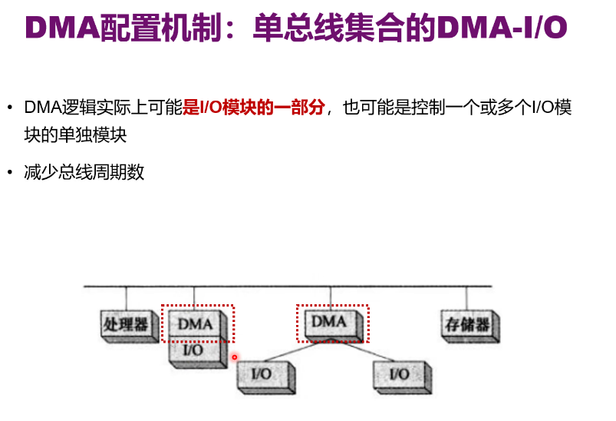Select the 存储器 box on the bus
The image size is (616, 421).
[466, 324]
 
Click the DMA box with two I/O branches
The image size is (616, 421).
[331, 322]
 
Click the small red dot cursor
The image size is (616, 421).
[235, 356]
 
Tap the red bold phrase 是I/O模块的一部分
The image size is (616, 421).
[254, 108]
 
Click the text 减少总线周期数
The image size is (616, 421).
[84, 172]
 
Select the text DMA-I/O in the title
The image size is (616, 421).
[502, 28]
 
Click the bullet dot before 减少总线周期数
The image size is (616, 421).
[10, 173]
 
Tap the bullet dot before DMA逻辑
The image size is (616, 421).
[10, 108]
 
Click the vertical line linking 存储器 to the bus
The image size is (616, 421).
[466, 298]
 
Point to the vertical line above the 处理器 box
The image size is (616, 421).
[126, 298]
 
